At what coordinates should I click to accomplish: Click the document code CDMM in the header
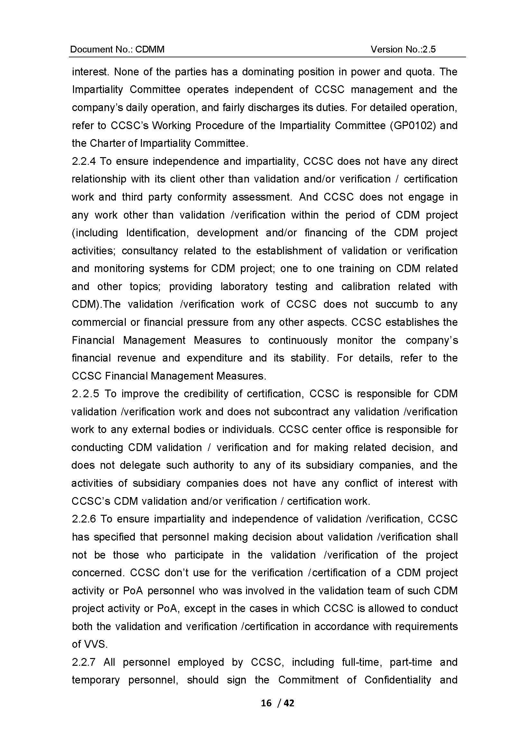click(x=150, y=49)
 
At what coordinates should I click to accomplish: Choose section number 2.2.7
click(x=83, y=662)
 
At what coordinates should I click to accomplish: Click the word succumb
click(x=396, y=304)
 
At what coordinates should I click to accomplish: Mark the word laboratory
click(x=244, y=287)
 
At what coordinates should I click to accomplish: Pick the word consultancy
click(x=150, y=251)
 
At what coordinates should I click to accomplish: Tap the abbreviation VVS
click(x=96, y=645)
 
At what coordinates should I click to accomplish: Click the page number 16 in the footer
click(x=266, y=703)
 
